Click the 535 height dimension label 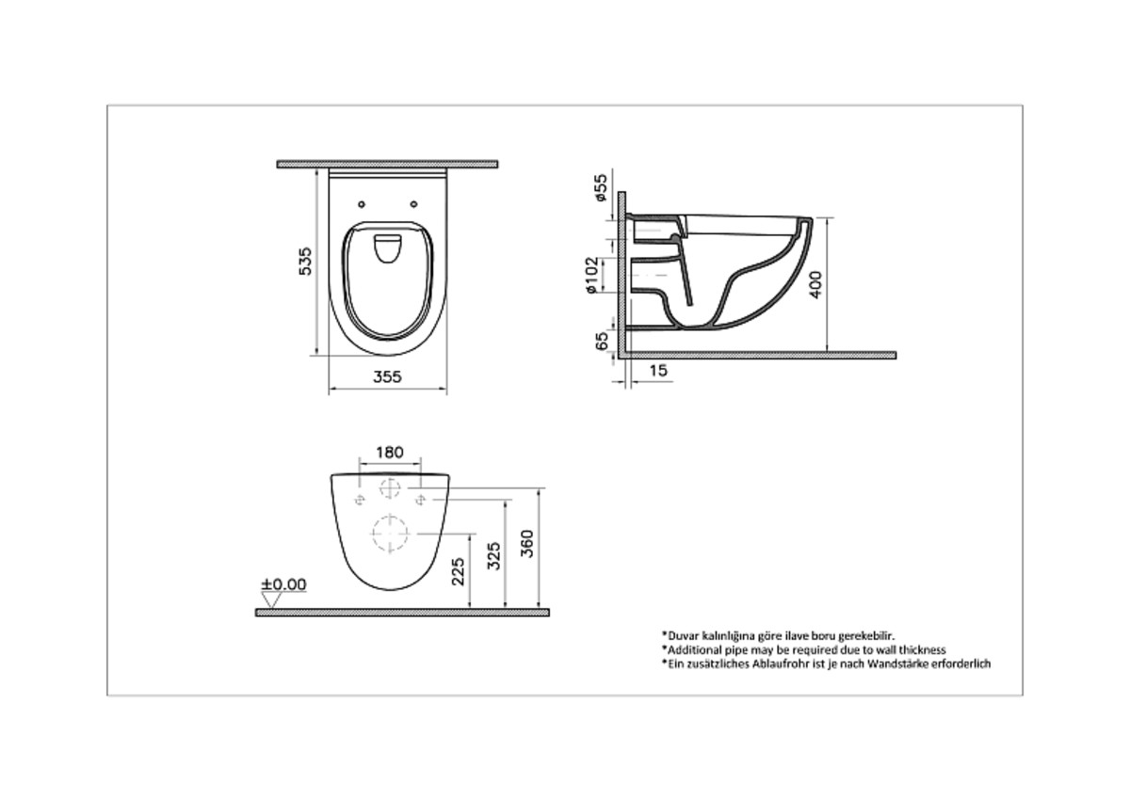point(305,261)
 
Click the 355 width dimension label point(386,376)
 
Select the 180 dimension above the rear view point(389,453)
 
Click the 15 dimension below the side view point(657,372)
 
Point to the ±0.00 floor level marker point(283,584)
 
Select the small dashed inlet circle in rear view point(389,489)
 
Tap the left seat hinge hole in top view point(363,200)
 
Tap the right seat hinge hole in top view point(415,200)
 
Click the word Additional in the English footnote point(693,649)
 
